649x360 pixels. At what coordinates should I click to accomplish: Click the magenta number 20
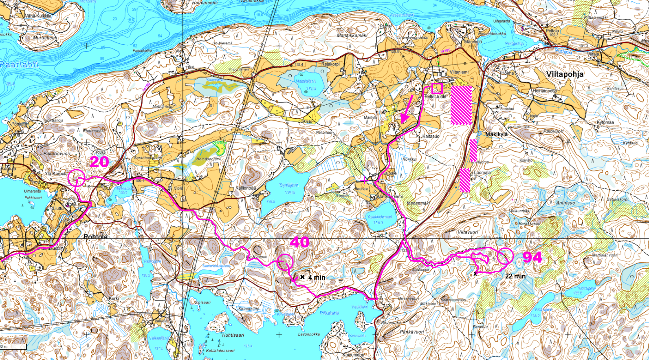99,162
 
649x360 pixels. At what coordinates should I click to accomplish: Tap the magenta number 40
299,242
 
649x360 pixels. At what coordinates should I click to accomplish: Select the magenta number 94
532,257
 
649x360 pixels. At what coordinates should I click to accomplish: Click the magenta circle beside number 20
76,178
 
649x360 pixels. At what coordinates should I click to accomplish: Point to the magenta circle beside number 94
505,256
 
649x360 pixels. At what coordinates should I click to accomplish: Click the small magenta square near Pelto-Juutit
437,88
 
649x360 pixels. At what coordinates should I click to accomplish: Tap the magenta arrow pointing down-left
407,109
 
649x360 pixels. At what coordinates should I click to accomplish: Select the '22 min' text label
515,276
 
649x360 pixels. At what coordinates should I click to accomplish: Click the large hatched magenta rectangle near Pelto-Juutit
461,105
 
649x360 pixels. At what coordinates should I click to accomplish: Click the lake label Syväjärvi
289,185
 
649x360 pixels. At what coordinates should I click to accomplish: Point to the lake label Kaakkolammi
379,217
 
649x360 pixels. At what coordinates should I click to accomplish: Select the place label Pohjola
95,236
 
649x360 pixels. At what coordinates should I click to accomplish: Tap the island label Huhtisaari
233,335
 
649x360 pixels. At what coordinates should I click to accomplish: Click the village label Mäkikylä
496,134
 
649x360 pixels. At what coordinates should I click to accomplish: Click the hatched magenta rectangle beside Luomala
465,180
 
